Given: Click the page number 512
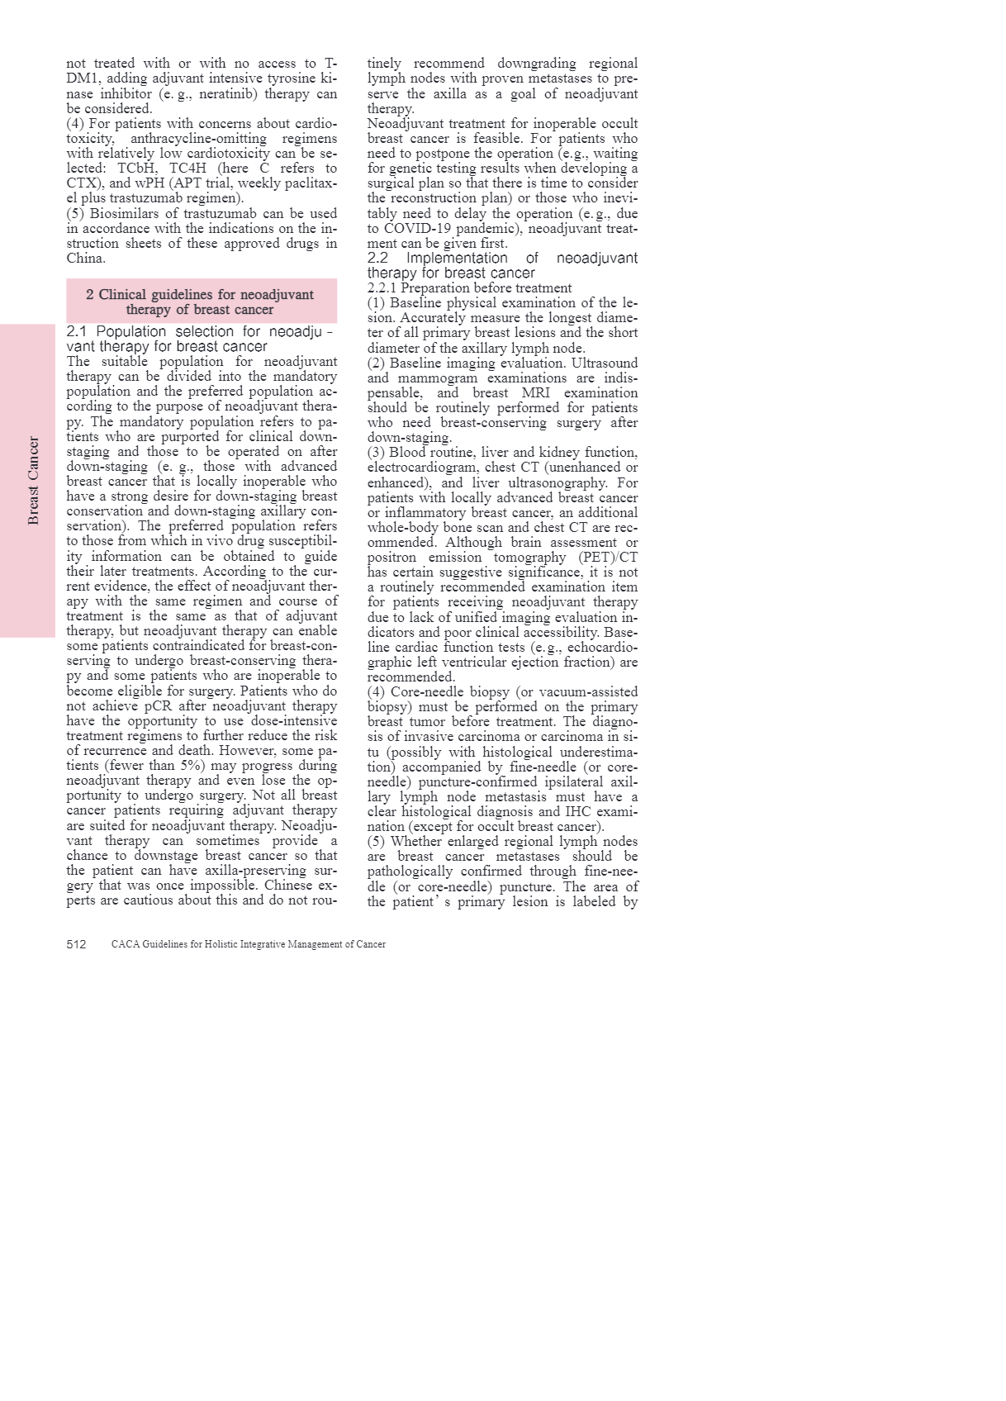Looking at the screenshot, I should coord(76,944).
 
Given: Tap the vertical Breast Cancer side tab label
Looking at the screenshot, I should coord(33,481).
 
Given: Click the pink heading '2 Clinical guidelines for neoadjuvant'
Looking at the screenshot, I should coord(200,295).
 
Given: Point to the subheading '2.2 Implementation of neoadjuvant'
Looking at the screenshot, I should coord(502,258).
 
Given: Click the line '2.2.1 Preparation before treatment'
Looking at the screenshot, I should coord(469,288).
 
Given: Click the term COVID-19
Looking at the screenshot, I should coord(418,229).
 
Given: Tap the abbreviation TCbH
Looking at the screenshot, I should coord(137,169).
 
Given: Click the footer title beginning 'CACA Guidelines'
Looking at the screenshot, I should coord(248,944).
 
